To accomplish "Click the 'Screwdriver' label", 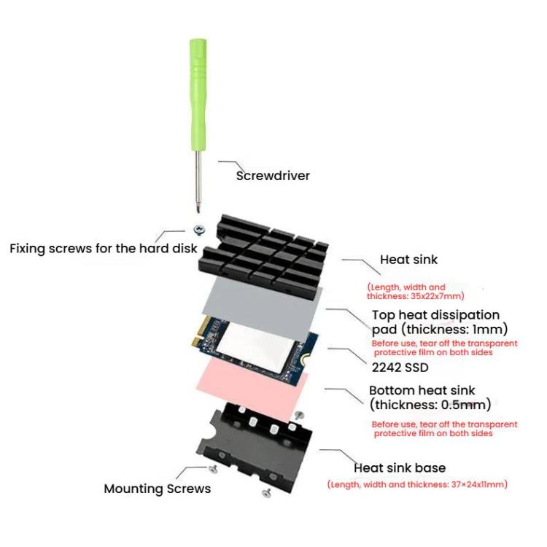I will pyautogui.click(x=273, y=176).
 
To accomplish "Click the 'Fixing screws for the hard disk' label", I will pyautogui.click(x=103, y=248).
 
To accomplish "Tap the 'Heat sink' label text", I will pyautogui.click(x=408, y=260).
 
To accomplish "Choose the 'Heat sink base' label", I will pyautogui.click(x=399, y=468).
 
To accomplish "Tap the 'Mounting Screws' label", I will pyautogui.click(x=157, y=489).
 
